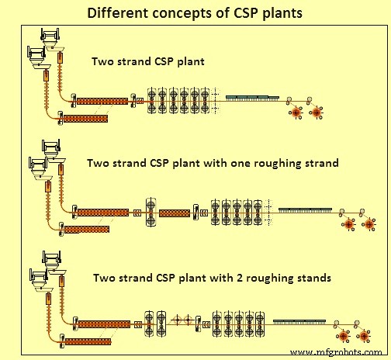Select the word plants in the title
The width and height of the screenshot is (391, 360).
pos(284,13)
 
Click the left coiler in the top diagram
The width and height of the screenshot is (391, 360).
pos(296,112)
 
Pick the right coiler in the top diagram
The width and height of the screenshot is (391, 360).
pos(317,112)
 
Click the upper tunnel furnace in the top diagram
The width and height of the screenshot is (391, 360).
pos(102,101)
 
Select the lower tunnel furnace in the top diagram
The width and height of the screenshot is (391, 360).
pos(85,118)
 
